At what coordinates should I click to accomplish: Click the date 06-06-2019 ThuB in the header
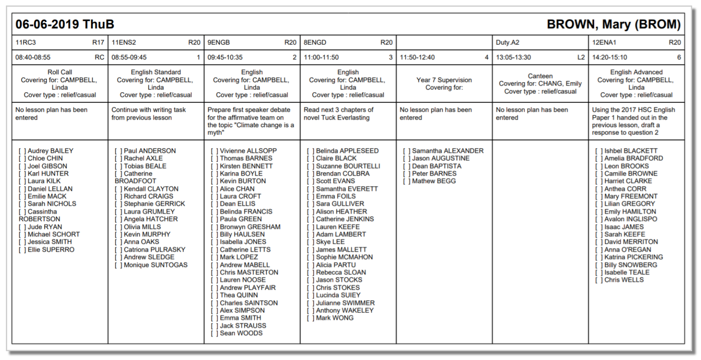65,24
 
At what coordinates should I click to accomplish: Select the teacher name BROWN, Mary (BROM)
613,24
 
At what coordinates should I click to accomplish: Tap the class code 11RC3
26,43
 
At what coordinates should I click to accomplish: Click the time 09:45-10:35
225,57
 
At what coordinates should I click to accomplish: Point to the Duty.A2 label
507,43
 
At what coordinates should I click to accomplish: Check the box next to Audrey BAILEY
22,151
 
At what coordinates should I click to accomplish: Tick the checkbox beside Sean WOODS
214,333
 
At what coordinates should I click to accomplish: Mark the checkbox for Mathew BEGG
407,181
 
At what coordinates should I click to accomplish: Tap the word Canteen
540,76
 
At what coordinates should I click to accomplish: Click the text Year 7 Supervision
444,80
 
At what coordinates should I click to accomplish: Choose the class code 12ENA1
604,43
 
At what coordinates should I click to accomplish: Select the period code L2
581,57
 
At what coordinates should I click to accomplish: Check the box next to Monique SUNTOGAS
118,265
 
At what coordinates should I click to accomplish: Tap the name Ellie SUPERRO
51,250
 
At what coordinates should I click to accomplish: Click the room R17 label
98,43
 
